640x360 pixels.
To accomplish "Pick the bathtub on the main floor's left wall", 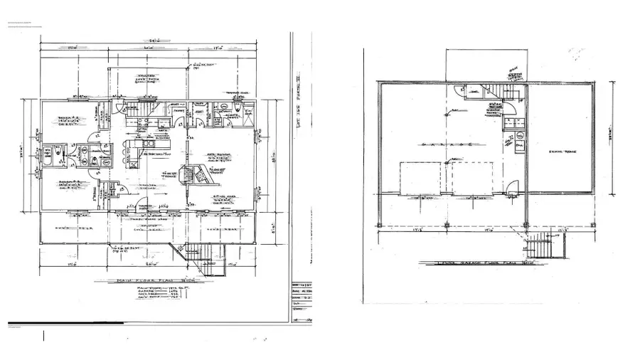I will pos(46,156).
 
